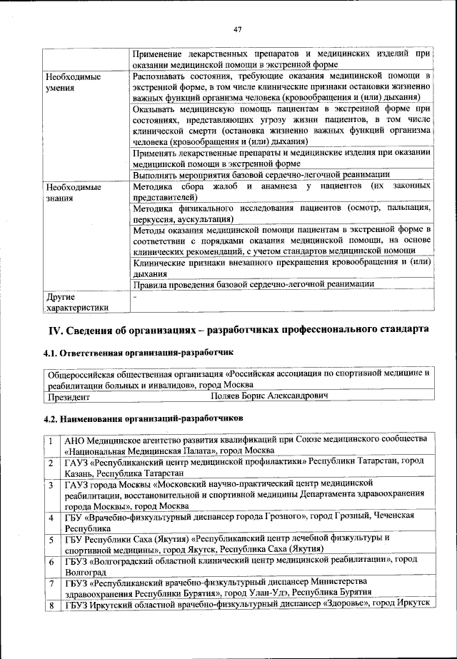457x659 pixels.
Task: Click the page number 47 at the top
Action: [238, 29]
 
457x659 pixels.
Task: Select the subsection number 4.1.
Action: [51, 353]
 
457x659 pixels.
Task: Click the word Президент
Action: [69, 396]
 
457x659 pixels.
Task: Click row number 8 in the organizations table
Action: [52, 605]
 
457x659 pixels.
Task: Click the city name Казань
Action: [79, 473]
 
